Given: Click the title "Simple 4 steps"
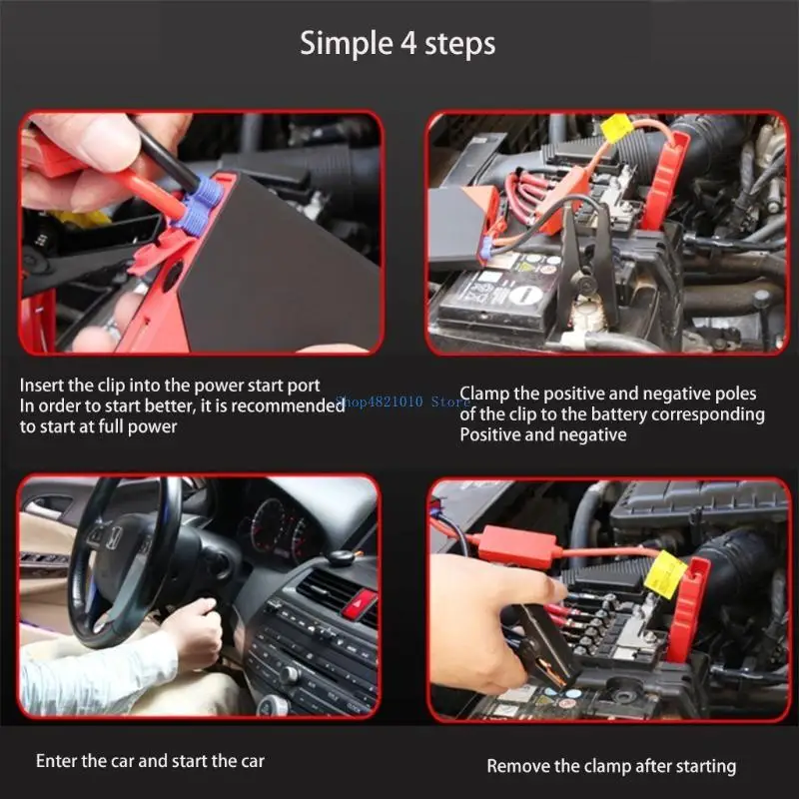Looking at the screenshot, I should [x=399, y=44].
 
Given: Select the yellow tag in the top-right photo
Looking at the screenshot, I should [x=615, y=129].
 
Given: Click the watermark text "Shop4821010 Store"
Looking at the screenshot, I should [x=401, y=401].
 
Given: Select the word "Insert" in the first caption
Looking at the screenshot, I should [x=44, y=385].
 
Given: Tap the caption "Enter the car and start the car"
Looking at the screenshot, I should [x=150, y=761].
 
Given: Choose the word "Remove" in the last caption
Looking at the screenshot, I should [x=516, y=766].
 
